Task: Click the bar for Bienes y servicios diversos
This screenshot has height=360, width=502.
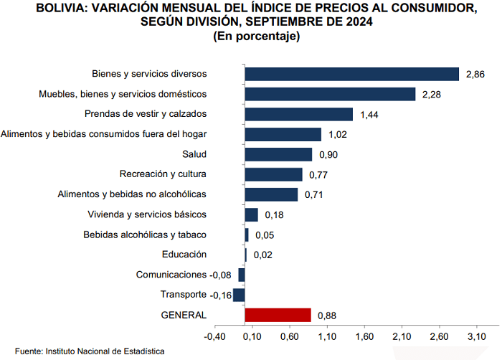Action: click(x=351, y=74)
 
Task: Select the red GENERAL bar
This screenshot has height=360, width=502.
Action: click(x=278, y=315)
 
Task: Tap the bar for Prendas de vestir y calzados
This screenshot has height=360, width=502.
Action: click(x=298, y=114)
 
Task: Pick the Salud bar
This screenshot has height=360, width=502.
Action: click(x=278, y=154)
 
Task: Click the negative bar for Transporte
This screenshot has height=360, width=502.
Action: click(x=240, y=295)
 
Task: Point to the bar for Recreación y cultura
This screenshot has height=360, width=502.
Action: click(x=273, y=174)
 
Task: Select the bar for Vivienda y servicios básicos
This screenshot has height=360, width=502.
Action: click(x=251, y=214)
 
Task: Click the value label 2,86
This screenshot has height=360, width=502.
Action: click(x=475, y=75)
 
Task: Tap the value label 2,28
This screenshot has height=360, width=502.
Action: click(x=432, y=94)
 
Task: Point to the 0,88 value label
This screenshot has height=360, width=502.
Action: click(x=327, y=316)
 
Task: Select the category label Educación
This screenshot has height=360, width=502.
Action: click(x=184, y=254)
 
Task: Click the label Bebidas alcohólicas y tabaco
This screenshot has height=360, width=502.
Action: click(x=145, y=235)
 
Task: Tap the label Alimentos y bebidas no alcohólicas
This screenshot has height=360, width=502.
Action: click(x=132, y=194)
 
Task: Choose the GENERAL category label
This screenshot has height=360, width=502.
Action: click(x=184, y=315)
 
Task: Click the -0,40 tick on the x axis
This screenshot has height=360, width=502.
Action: click(x=214, y=336)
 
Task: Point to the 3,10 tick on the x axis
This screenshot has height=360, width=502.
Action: click(x=476, y=336)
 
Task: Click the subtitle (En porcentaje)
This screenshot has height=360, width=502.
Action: click(x=256, y=37)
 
